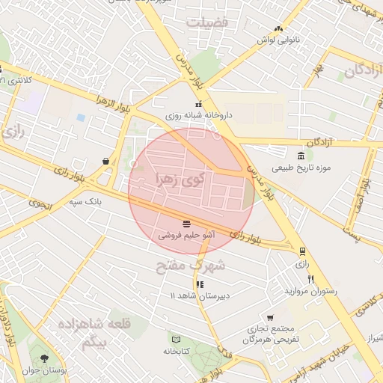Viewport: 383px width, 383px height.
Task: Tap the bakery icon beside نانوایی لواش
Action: pos(278,28)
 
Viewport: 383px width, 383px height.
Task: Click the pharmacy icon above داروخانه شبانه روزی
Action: pos(198,105)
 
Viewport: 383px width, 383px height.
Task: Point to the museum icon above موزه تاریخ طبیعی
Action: pos(300,156)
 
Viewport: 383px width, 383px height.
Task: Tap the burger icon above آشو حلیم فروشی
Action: pos(186,223)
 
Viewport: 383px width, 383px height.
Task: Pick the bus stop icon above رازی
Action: pos(302,252)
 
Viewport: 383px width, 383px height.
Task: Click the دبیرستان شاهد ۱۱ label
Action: pos(198,296)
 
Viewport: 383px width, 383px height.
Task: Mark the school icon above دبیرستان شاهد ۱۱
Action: pos(199,284)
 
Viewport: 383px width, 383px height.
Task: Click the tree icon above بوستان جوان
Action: pos(44,358)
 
